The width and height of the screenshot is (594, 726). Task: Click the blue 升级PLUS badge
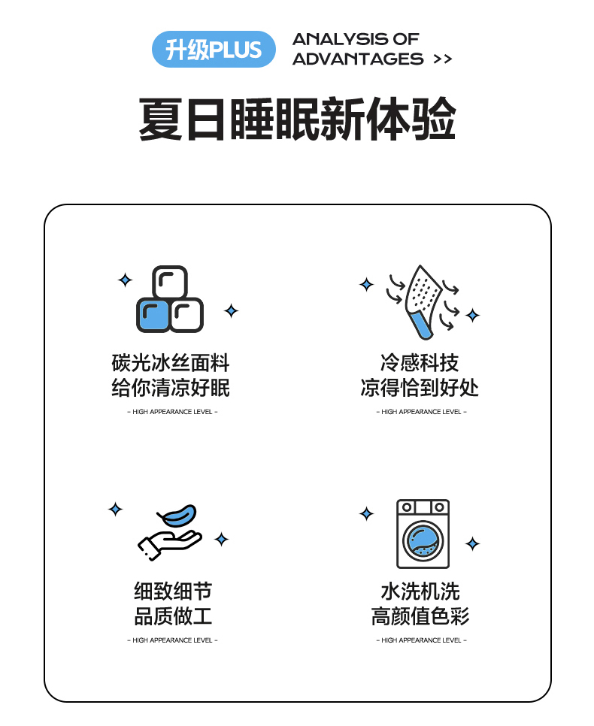click(x=214, y=49)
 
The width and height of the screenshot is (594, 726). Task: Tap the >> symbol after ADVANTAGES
click(x=443, y=59)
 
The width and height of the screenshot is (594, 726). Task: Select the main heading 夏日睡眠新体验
click(x=297, y=119)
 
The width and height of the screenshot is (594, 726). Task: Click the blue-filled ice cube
click(x=153, y=315)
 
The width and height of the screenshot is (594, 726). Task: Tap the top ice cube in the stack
click(x=170, y=282)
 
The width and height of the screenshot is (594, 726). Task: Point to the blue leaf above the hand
click(x=178, y=516)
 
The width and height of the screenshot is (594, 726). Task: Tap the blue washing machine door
click(x=423, y=541)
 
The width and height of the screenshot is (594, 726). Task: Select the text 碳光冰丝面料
click(x=171, y=362)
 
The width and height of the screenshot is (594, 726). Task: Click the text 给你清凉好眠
click(x=171, y=388)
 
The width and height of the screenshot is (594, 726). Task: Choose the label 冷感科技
click(x=420, y=362)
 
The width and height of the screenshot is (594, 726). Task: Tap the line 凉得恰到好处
click(x=420, y=388)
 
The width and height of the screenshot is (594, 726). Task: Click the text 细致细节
click(x=173, y=591)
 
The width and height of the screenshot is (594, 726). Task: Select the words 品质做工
click(x=173, y=616)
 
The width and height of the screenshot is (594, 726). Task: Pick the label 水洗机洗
click(x=420, y=591)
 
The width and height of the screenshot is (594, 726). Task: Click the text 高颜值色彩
click(x=420, y=616)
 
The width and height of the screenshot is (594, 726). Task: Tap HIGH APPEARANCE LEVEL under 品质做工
click(x=172, y=640)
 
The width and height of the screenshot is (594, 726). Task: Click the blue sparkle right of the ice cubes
click(x=231, y=310)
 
